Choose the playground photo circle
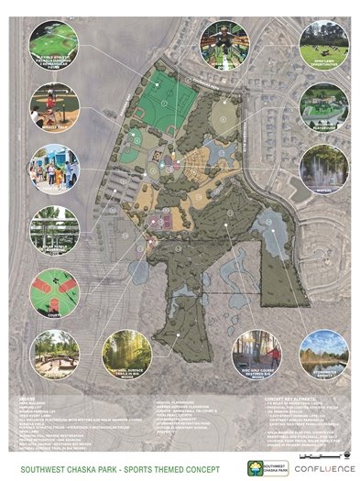(x=324, y=108)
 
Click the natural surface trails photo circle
(x=126, y=356)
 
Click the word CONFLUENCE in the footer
(x=315, y=465)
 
